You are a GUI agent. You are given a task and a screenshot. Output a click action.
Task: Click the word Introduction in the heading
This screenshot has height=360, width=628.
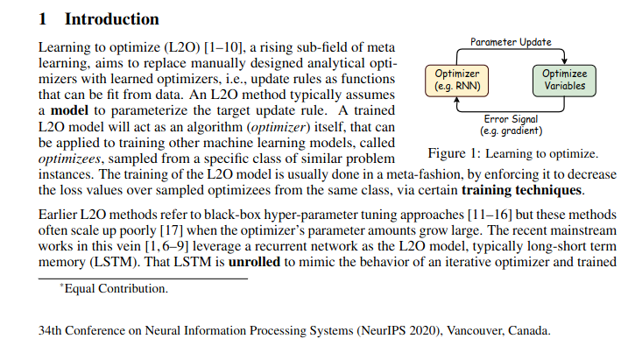point(111,18)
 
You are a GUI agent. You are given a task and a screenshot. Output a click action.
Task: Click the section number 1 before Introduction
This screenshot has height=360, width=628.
point(44,18)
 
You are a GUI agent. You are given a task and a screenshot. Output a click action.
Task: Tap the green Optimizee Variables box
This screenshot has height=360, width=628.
point(564,80)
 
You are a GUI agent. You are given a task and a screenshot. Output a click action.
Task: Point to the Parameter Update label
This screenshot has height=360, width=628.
point(511,41)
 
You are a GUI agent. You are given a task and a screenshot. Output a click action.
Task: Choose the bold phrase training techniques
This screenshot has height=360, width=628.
point(522,189)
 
